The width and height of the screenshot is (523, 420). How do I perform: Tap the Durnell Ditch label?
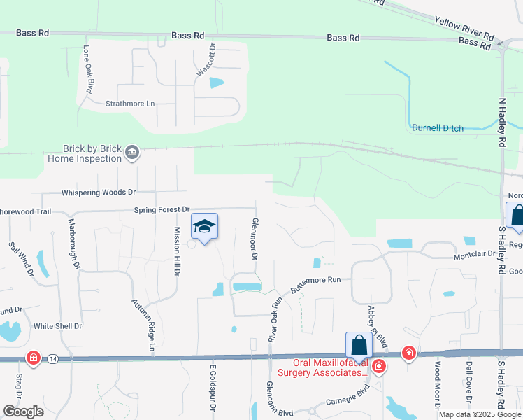pos(438,127)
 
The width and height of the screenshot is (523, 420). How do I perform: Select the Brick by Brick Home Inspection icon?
pos(131,153)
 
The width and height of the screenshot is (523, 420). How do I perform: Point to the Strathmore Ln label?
pos(129,104)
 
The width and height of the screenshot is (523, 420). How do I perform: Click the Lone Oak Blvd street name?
pos(89,69)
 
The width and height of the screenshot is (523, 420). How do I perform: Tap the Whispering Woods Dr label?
pos(99,192)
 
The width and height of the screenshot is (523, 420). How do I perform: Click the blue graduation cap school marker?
pos(204,226)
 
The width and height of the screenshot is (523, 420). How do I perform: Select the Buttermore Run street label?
pos(315,284)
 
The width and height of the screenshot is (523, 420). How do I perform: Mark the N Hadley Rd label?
pos(502,122)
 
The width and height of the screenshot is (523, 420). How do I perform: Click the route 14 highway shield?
pos(53,358)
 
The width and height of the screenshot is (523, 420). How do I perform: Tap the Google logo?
pos(23,411)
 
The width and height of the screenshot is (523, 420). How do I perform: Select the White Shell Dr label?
pos(58,326)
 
